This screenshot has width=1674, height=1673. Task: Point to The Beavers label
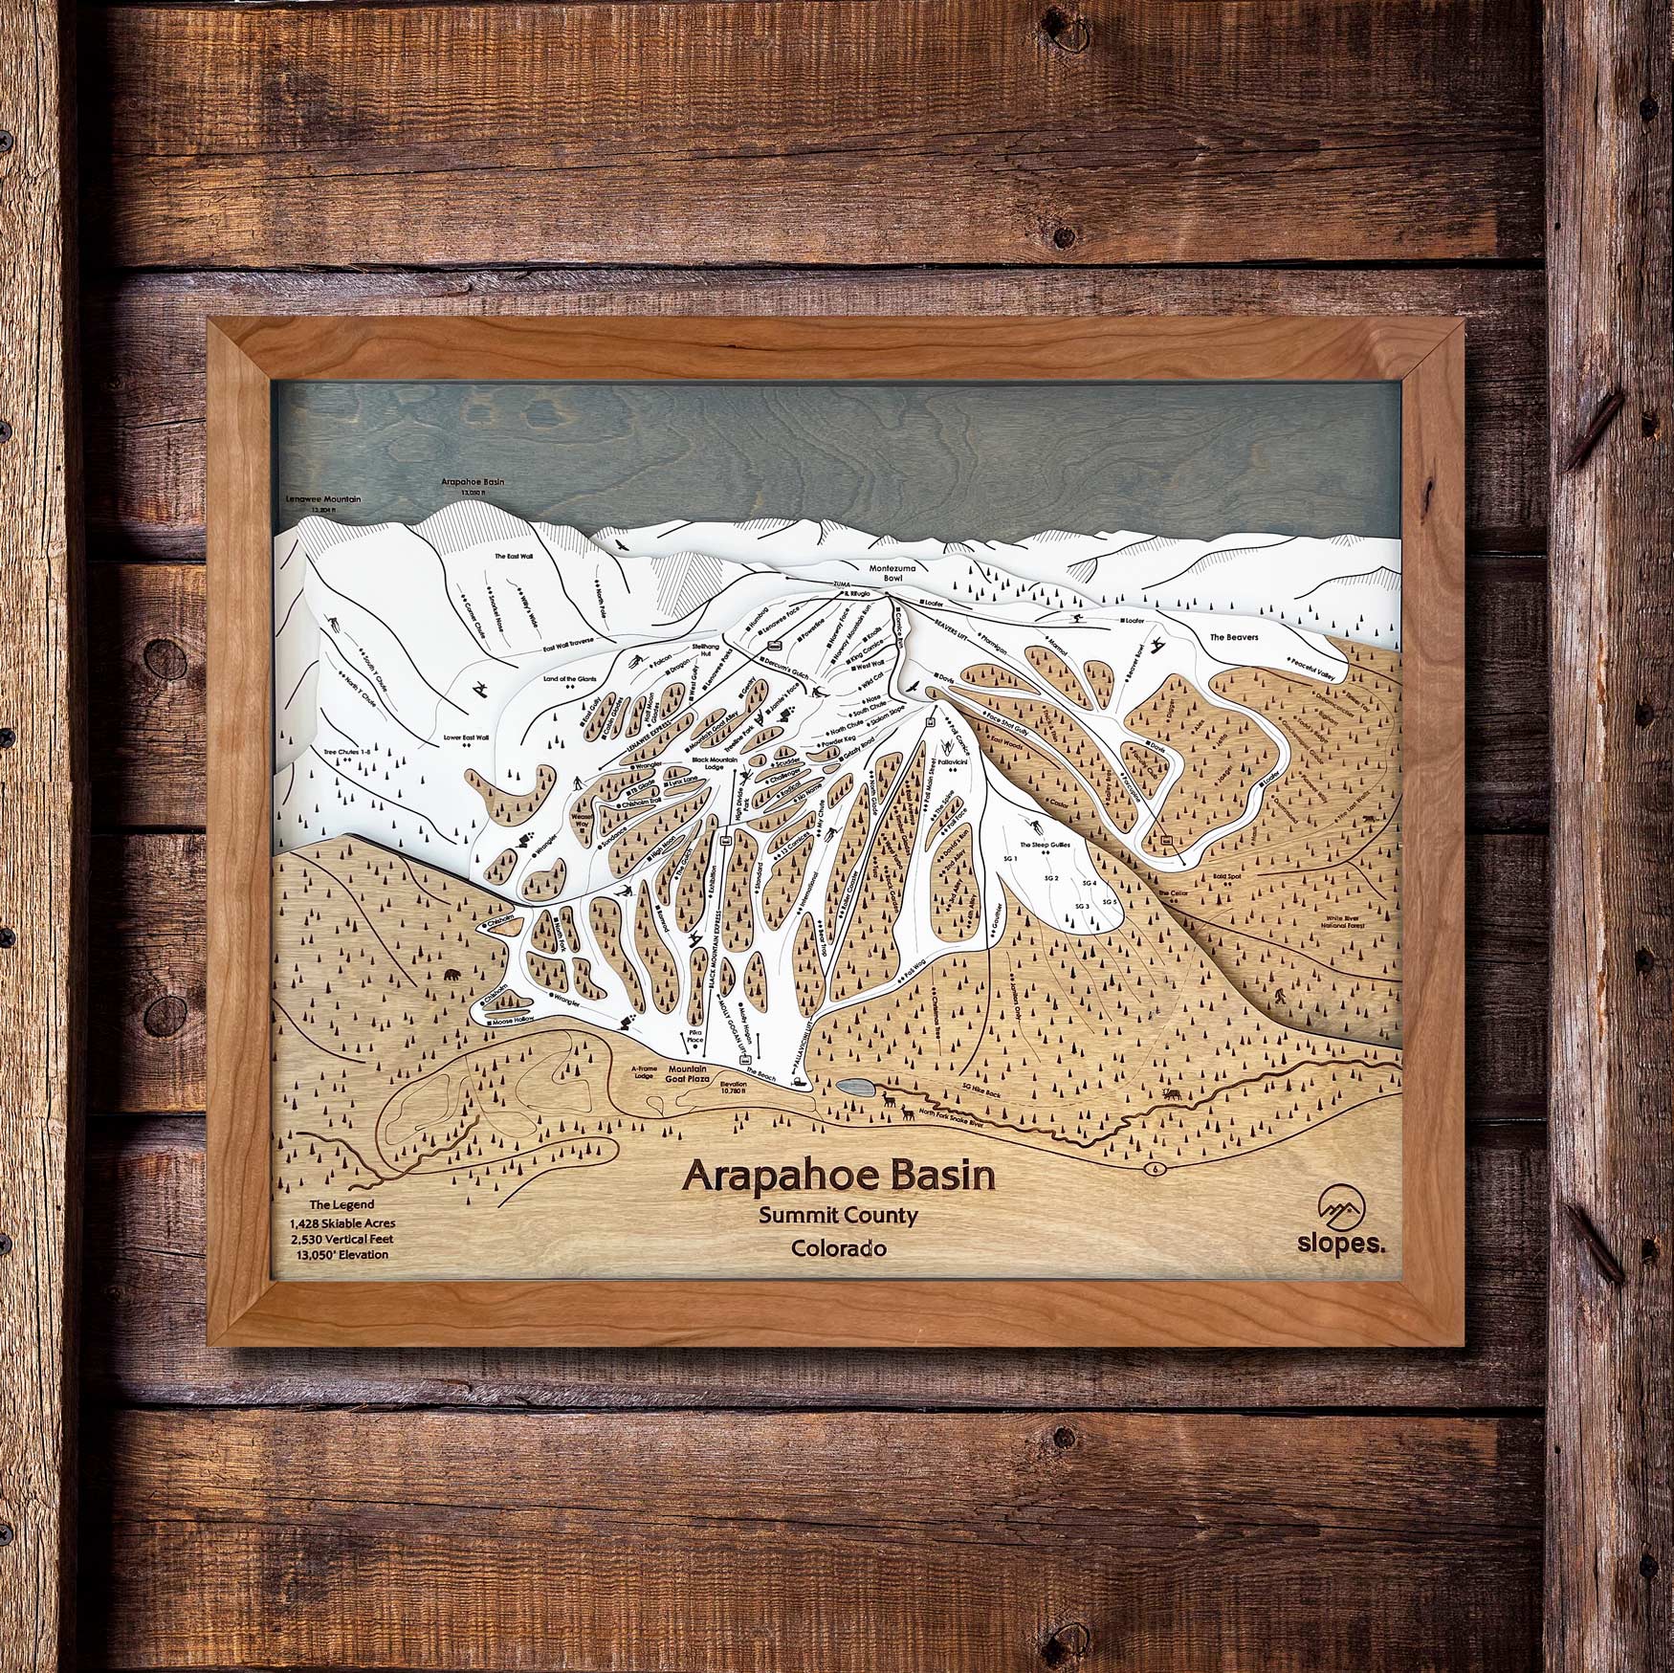(x=1235, y=636)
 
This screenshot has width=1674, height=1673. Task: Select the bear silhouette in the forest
(x=452, y=977)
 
